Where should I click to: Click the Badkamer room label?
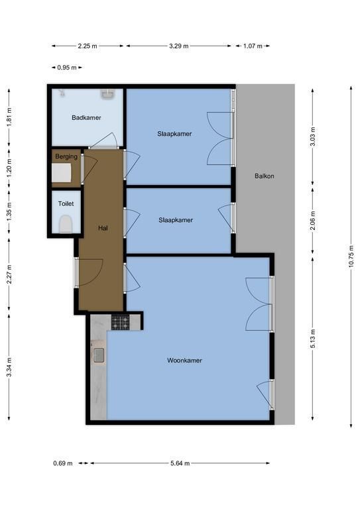click(x=86, y=117)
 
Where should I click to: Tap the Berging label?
click(x=66, y=156)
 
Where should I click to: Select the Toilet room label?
click(x=66, y=203)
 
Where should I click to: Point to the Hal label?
click(x=103, y=228)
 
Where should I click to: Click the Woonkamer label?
click(x=184, y=361)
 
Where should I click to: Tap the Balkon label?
click(x=265, y=176)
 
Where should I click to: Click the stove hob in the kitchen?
click(x=120, y=322)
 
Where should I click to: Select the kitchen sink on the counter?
click(x=99, y=355)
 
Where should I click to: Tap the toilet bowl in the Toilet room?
click(x=66, y=224)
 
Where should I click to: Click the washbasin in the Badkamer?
click(x=107, y=95)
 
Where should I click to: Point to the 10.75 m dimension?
click(x=351, y=256)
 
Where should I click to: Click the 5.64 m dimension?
click(x=180, y=463)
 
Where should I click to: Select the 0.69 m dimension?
click(x=63, y=463)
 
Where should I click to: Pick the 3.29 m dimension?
click(x=178, y=46)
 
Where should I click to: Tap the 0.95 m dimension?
click(x=67, y=68)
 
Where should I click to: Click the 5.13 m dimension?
click(x=313, y=339)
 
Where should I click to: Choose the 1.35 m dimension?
click(x=9, y=211)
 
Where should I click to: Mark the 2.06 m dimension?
click(x=313, y=221)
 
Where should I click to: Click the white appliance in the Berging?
click(x=62, y=172)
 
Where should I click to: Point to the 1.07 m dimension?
click(x=253, y=46)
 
